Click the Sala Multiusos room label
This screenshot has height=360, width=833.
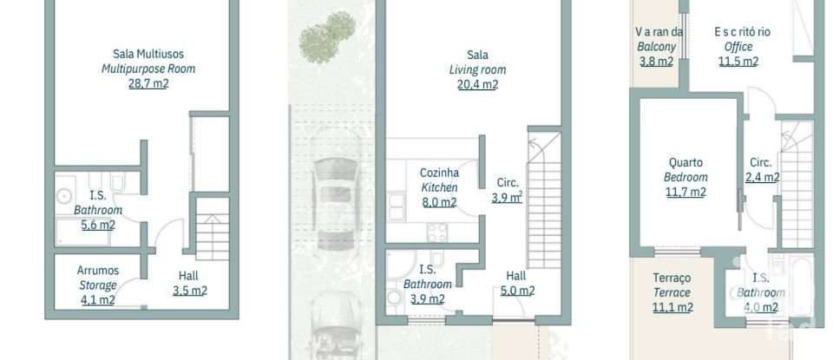(148, 54)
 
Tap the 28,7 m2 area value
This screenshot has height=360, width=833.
(148, 84)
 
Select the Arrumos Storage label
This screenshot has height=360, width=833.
(98, 278)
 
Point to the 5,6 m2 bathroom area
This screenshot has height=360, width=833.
(98, 225)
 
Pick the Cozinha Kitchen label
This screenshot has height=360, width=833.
(439, 180)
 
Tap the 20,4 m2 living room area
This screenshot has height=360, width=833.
(477, 84)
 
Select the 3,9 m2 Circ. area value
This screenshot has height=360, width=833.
(507, 197)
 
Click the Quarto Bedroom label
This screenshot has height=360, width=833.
(685, 169)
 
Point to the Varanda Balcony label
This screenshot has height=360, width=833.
(659, 39)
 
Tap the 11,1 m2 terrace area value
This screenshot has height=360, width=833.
(672, 307)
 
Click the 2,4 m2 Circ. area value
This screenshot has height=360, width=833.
(762, 177)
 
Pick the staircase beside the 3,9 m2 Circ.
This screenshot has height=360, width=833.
(545, 204)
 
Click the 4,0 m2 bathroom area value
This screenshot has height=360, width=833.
(761, 307)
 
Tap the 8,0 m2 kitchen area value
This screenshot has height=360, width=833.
(439, 203)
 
